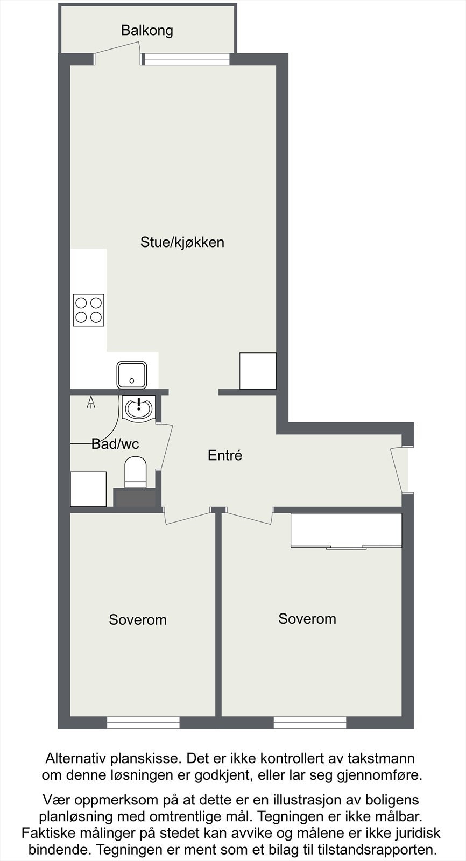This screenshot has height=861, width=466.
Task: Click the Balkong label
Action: [x=147, y=30]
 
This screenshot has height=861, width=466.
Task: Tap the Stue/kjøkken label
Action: [x=182, y=242]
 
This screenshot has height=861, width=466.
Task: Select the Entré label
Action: [x=225, y=455]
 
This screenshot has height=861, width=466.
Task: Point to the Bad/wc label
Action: [x=115, y=444]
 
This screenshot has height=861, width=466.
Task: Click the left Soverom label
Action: [x=138, y=619]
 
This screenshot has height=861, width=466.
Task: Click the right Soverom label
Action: [x=307, y=619]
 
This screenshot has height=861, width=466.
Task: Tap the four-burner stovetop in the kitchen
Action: [x=89, y=310]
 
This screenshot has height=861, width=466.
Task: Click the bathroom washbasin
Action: [x=139, y=408]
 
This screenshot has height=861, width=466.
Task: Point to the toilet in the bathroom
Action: [x=136, y=472]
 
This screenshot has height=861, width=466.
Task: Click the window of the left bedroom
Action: [x=143, y=722]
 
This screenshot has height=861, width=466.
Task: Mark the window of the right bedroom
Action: [x=310, y=722]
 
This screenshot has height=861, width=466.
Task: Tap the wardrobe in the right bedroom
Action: [x=346, y=531]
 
